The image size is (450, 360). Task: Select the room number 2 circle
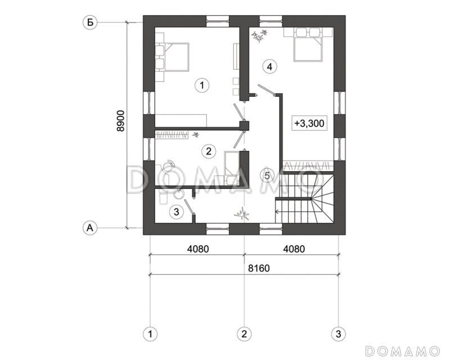[208, 151]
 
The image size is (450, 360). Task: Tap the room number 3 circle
[176, 211]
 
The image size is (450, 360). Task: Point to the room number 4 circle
[269, 66]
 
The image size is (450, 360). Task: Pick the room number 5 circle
[267, 175]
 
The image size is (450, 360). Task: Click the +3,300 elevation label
[309, 123]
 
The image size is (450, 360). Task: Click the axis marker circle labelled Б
[89, 22]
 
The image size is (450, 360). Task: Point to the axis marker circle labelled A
[89, 227]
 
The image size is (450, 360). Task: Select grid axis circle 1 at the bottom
[150, 334]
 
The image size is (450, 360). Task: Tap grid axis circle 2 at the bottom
[244, 334]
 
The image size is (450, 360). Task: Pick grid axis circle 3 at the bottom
[337, 334]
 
